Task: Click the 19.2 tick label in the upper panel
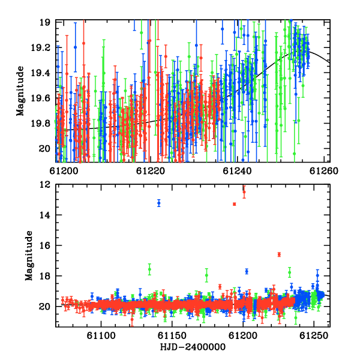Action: [x=41, y=48]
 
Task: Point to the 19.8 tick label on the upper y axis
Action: [x=41, y=124]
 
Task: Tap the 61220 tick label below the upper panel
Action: [x=151, y=171]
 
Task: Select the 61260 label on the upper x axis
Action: [x=324, y=171]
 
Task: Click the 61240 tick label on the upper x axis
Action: [x=237, y=171]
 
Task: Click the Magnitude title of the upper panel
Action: [x=20, y=91]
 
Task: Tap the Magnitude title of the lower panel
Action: [x=29, y=256]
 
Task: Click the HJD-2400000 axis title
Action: [x=193, y=347]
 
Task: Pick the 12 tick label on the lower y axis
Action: [x=45, y=184]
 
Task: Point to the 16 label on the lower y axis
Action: [x=45, y=245]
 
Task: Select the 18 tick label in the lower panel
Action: [x=45, y=276]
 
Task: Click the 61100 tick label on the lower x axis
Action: [x=101, y=335]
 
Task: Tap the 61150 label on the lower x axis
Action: [x=172, y=335]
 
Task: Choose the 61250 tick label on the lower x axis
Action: [x=314, y=335]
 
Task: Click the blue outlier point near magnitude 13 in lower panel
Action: [x=159, y=203]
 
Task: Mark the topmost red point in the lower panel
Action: [x=244, y=192]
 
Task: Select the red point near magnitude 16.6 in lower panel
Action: [x=279, y=254]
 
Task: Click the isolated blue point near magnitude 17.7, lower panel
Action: [x=247, y=271]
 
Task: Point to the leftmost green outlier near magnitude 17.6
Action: [x=149, y=269]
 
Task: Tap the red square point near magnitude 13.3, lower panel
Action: [x=235, y=204]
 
